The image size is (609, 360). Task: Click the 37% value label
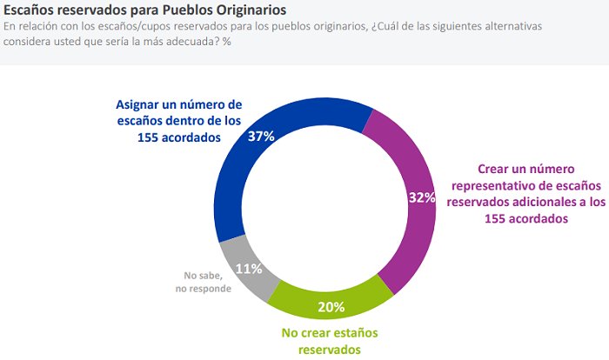262,137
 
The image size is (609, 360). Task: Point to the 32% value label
421,197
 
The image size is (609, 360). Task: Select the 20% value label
331,306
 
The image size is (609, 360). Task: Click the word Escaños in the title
37,10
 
